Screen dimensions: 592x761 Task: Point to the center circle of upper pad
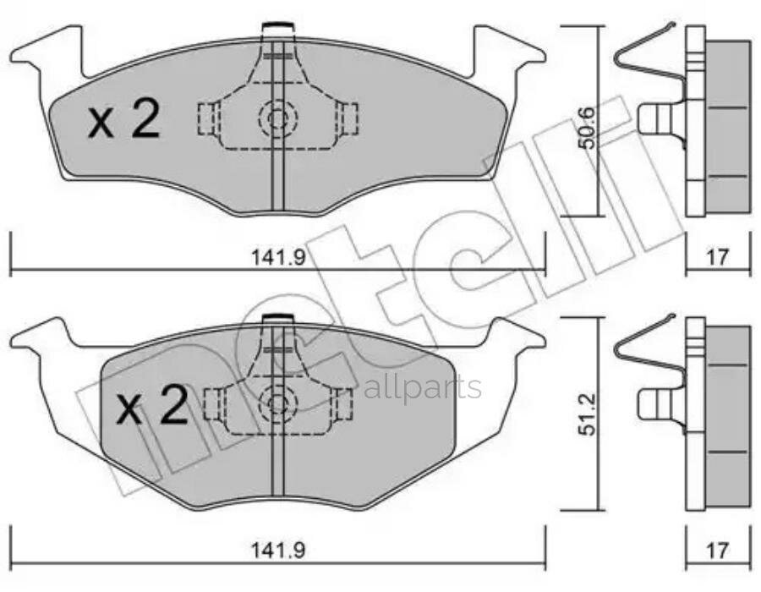point(276,118)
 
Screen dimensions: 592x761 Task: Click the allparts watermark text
point(423,387)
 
